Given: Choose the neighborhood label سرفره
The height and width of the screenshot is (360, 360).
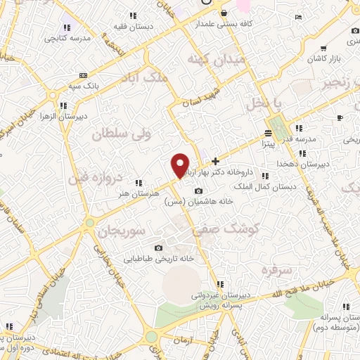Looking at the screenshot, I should point(276,269).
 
